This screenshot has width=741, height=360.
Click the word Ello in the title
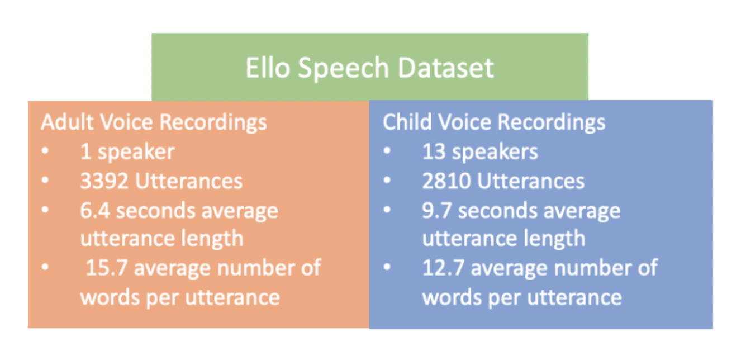click(x=267, y=68)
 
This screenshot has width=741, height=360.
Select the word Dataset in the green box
click(x=446, y=68)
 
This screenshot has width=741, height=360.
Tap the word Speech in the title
click(x=343, y=69)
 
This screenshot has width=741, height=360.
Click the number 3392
click(x=104, y=181)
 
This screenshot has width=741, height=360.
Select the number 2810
click(x=446, y=181)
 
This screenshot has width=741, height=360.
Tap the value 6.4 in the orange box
click(x=95, y=211)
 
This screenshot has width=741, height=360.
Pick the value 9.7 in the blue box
click(x=437, y=211)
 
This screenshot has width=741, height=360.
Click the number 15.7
click(x=107, y=268)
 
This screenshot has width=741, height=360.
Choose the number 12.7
click(x=443, y=268)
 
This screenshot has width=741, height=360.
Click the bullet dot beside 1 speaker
click(x=45, y=151)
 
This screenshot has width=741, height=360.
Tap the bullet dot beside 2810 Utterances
click(x=387, y=181)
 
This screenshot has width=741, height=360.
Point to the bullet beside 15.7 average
click(x=45, y=267)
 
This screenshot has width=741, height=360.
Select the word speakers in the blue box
click(x=495, y=153)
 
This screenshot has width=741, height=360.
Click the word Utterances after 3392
click(x=189, y=181)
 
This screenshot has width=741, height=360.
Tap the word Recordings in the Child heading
click(x=552, y=124)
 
